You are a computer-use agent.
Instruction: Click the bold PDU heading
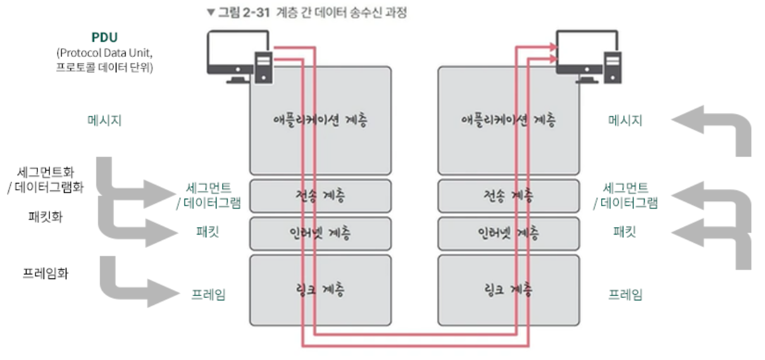tap(104, 37)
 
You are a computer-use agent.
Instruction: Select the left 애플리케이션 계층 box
tap(320, 120)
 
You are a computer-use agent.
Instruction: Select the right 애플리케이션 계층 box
tap(509, 120)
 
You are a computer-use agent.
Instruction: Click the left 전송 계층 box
tap(320, 196)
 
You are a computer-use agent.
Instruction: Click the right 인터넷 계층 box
tap(509, 233)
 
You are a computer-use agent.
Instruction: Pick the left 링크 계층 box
tap(320, 290)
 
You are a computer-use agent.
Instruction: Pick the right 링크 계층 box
tap(509, 290)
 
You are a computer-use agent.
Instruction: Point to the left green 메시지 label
tap(104, 120)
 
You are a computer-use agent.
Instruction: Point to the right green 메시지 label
tap(625, 120)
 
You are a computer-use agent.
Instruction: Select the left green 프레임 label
tap(209, 294)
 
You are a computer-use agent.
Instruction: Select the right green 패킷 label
tap(625, 231)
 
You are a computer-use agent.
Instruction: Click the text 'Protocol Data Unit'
tap(104, 52)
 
